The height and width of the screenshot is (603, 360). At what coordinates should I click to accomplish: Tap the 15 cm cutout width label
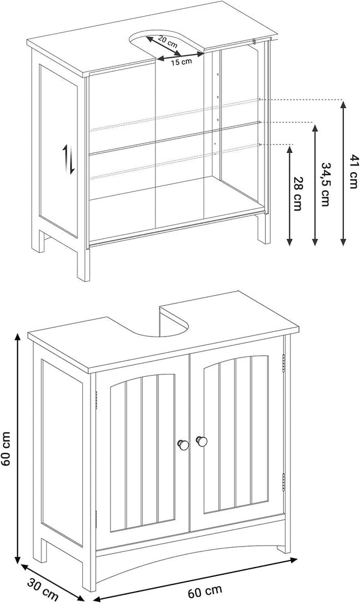[x=181, y=62]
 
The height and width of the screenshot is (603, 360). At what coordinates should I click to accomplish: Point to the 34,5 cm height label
[x=326, y=184]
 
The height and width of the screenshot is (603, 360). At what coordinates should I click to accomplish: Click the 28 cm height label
[x=298, y=194]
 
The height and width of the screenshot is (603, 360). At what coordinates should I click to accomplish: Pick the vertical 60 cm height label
[x=7, y=448]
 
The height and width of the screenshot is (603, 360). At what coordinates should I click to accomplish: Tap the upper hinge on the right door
[x=284, y=364]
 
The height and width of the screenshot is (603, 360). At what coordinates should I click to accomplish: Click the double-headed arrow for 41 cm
[x=343, y=172]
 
